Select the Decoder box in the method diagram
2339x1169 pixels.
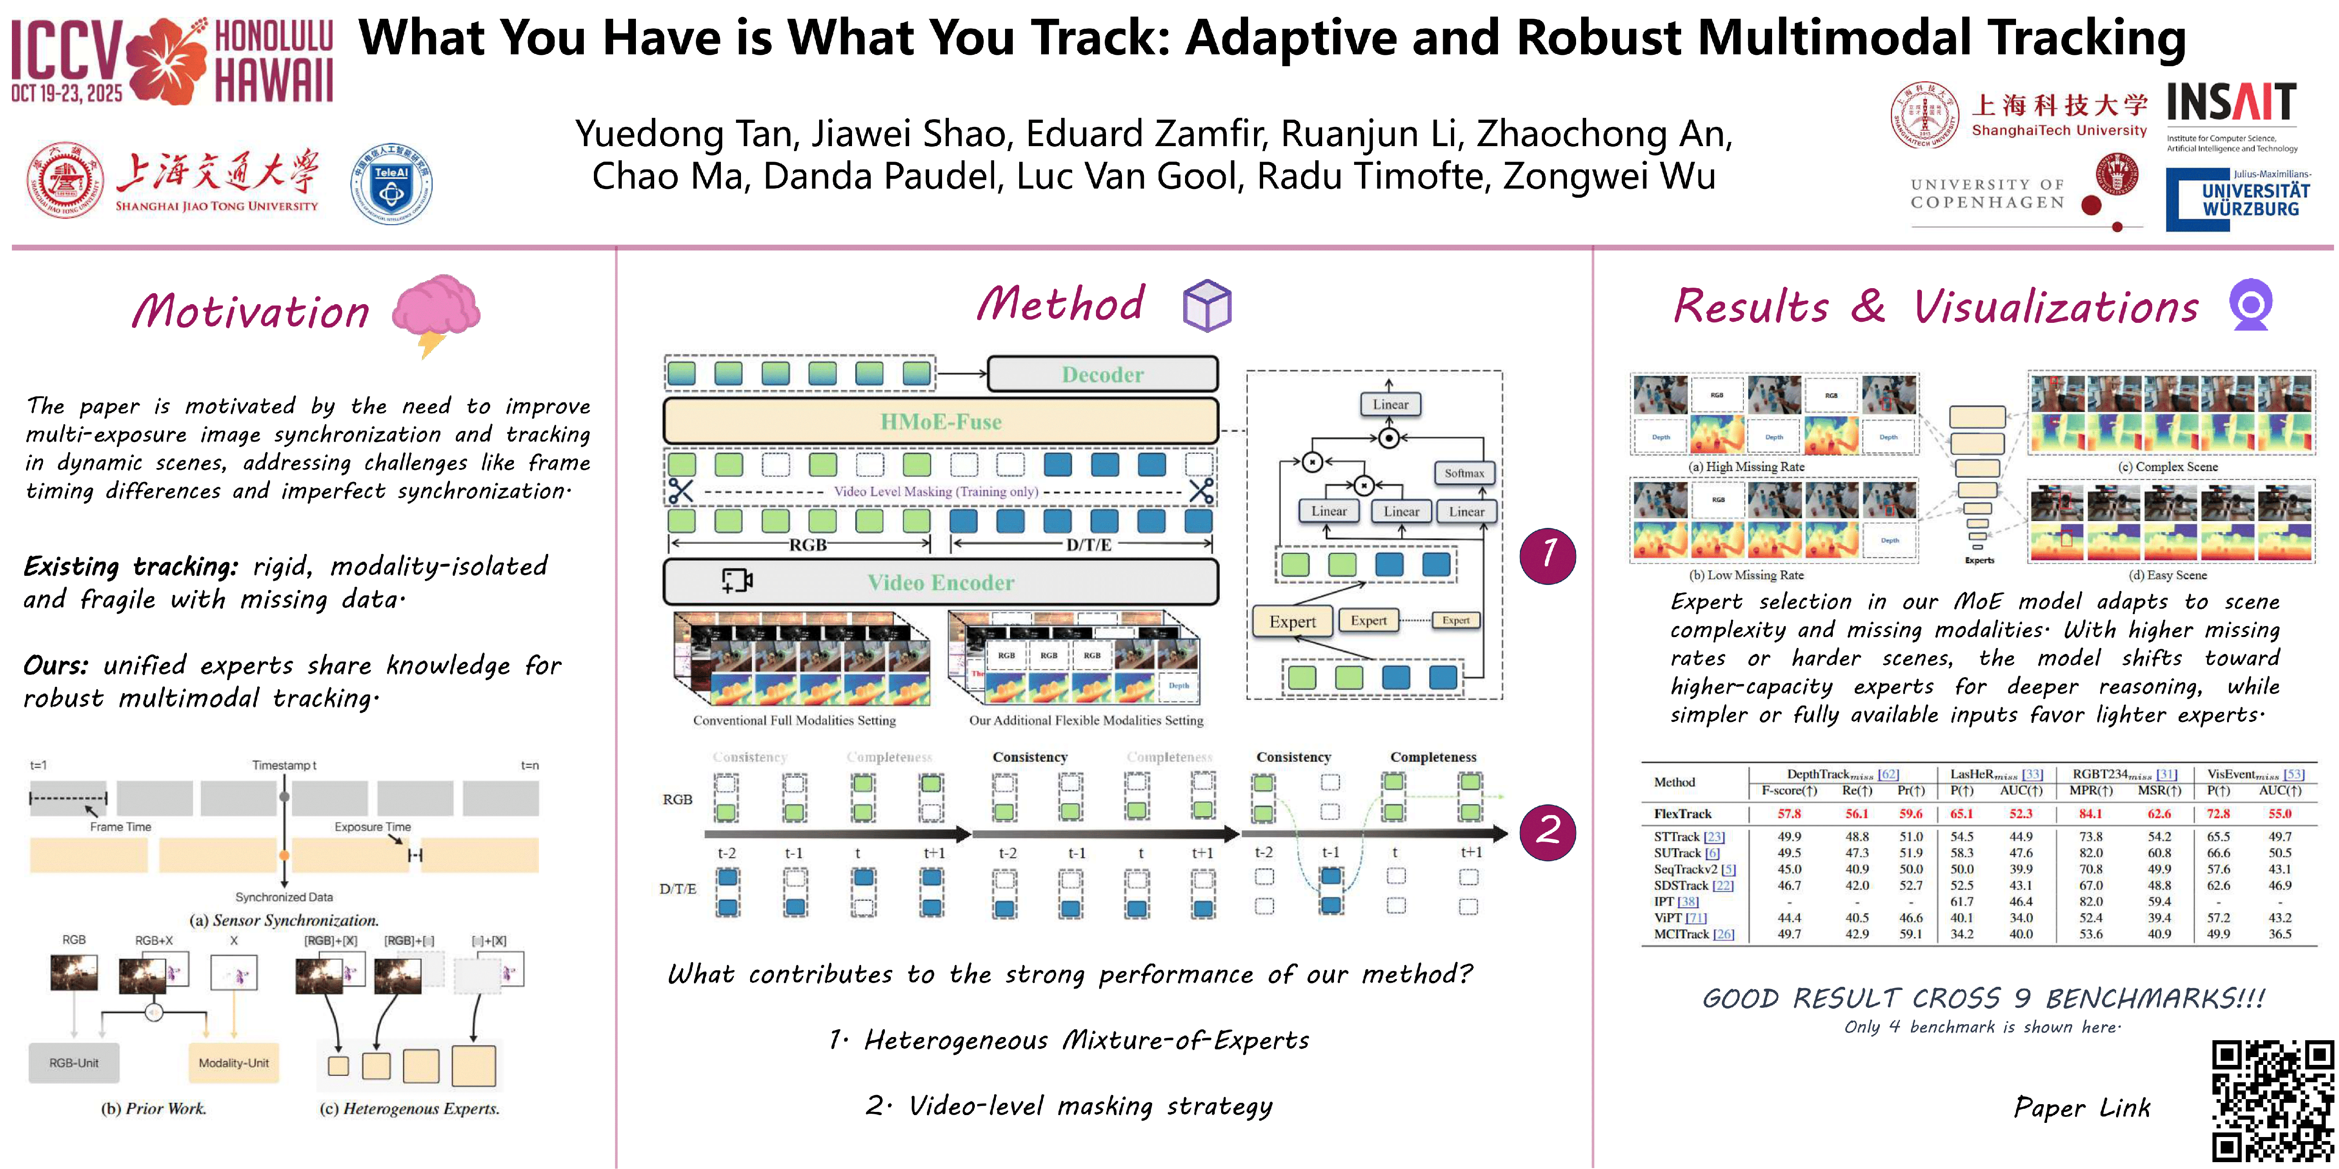click(1102, 374)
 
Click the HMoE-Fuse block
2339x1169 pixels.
click(941, 421)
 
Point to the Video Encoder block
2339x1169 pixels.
click(941, 582)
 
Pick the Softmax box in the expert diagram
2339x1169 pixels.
click(1464, 473)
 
